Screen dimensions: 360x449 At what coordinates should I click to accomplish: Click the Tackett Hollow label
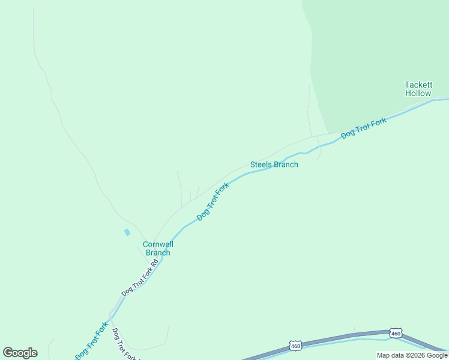tap(418, 89)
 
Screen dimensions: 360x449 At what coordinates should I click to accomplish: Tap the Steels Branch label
tap(274, 164)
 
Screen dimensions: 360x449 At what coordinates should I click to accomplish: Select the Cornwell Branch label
tap(157, 248)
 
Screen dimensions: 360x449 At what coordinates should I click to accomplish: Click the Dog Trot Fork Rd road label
tap(139, 277)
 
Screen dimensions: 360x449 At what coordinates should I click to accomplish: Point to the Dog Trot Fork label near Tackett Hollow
tap(363, 128)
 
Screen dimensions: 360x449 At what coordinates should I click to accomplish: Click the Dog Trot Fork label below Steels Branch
tap(213, 201)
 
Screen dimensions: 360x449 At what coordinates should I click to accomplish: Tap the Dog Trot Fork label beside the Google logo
tap(91, 341)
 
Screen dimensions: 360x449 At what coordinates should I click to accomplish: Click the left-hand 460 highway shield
tap(295, 346)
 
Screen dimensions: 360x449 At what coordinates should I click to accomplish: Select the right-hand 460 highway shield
tap(395, 333)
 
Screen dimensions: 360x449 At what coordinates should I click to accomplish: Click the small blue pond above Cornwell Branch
tap(127, 232)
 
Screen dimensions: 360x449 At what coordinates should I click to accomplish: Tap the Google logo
tap(20, 353)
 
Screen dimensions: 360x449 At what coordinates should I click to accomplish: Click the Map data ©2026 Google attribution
tap(412, 355)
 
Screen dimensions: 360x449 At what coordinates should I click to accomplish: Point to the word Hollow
tap(418, 93)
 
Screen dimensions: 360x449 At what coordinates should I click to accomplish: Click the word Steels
tap(261, 164)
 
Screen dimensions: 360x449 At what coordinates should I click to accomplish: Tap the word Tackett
tap(418, 85)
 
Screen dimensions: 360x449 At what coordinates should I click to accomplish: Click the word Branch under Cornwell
tap(157, 253)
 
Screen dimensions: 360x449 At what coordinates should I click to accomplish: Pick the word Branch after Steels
tap(286, 164)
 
